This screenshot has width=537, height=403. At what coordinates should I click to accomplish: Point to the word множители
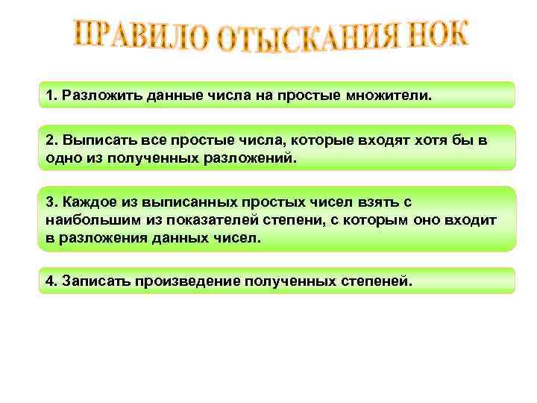(x=392, y=96)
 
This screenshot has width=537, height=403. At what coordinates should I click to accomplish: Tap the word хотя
(x=425, y=140)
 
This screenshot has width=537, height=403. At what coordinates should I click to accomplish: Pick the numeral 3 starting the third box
(x=49, y=202)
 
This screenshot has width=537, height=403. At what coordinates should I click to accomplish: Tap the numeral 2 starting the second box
(x=49, y=140)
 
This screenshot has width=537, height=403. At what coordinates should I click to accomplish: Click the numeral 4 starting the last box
(x=49, y=281)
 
